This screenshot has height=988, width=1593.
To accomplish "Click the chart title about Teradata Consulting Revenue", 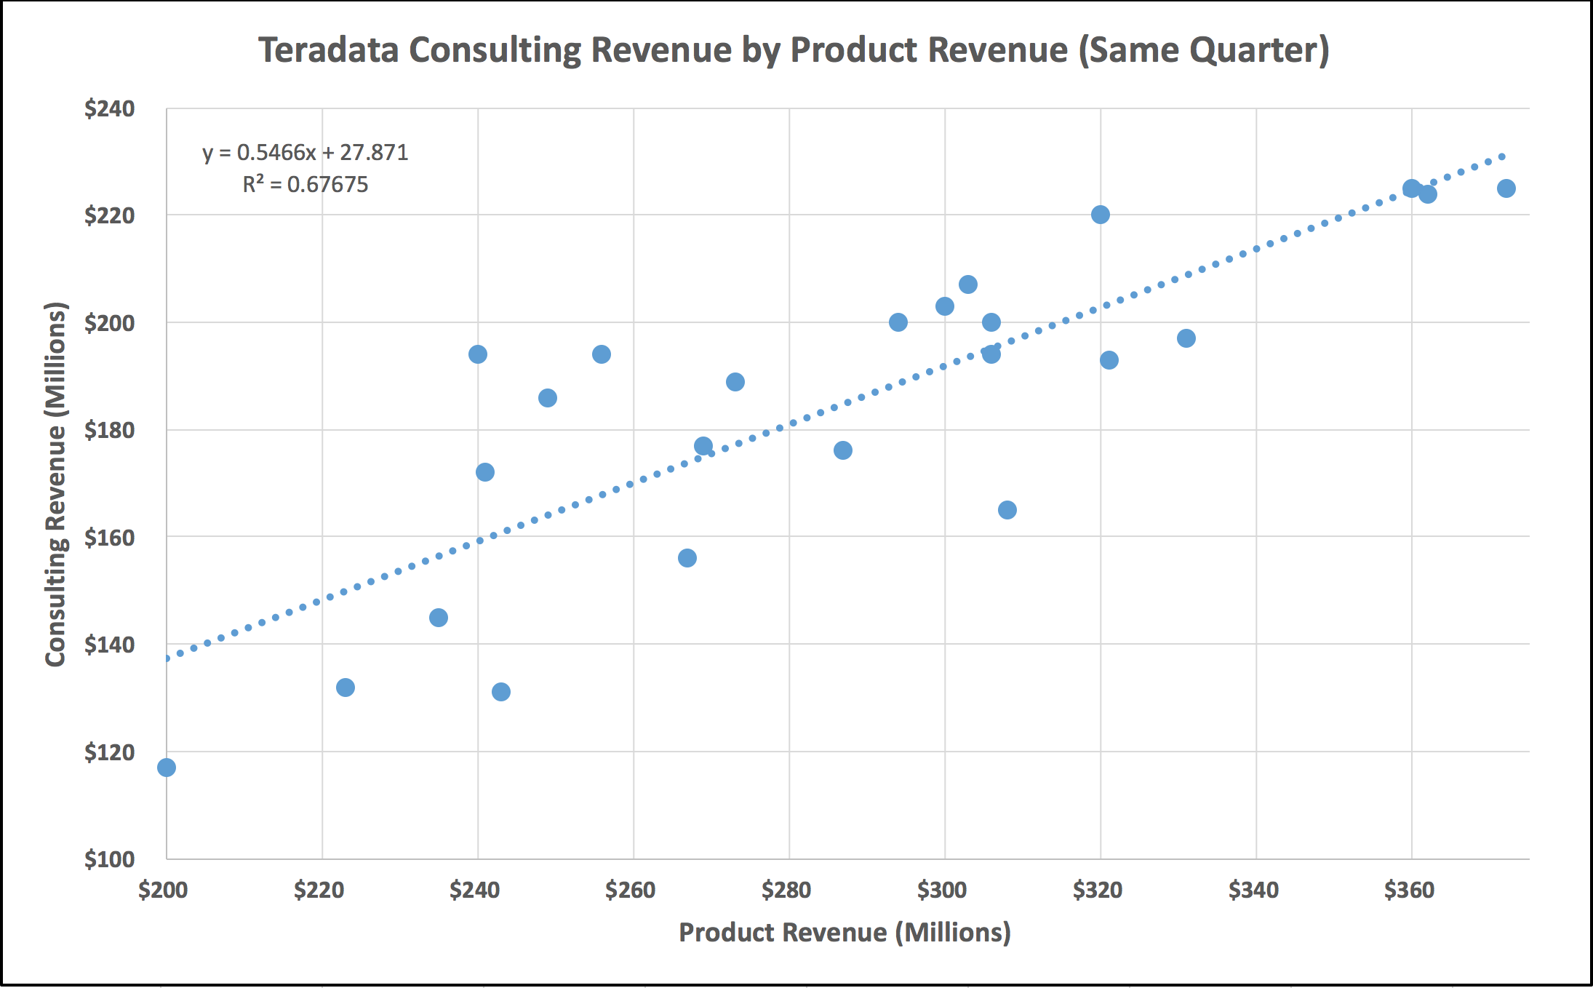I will point(794,51).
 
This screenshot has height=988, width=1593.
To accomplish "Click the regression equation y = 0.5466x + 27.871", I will point(305,153).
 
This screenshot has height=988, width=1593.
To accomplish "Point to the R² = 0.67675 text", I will point(305,185).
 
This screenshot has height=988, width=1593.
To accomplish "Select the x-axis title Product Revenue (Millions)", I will point(845,933).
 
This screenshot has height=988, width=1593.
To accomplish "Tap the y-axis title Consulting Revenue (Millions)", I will point(56,484).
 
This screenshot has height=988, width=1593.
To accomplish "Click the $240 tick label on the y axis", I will point(109,109).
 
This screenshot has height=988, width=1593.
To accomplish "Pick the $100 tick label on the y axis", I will point(109,859).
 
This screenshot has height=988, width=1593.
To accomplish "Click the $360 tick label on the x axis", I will point(1409,890).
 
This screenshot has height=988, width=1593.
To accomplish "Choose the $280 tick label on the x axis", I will point(786,890).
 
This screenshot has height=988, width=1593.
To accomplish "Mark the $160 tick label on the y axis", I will point(109,538).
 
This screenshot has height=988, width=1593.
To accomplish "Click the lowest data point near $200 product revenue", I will point(167,768).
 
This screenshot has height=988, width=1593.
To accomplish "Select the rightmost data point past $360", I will point(1506,188).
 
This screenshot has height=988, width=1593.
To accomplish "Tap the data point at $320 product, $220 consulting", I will point(1101,215).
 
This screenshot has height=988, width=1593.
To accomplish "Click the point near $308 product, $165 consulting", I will point(1007,510).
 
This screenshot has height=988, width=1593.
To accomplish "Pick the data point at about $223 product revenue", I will point(346,688).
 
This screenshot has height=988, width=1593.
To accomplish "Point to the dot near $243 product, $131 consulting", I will point(501,692).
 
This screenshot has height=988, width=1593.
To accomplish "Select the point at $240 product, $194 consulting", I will point(478,354).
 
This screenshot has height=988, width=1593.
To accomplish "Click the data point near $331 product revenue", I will point(1186,338).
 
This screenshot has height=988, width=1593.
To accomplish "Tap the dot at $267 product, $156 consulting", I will point(687,558).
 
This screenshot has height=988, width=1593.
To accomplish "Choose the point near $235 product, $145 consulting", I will point(439,618).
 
